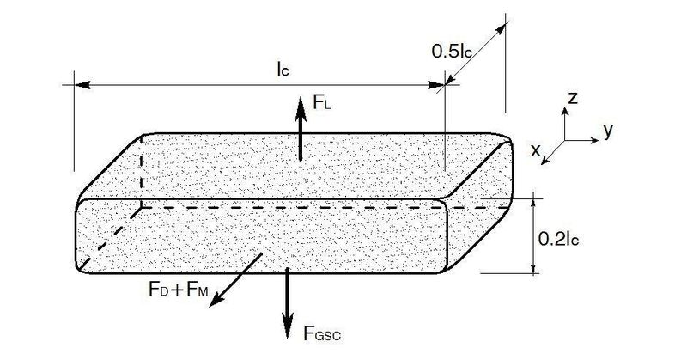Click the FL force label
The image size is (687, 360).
321,102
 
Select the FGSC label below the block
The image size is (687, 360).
322,333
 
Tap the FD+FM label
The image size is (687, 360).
179,290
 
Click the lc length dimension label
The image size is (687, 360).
283,69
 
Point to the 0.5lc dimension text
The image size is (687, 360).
452,52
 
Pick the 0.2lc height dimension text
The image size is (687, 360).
558,239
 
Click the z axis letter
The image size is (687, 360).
572,98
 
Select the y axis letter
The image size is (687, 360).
608,131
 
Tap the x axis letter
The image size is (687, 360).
535,150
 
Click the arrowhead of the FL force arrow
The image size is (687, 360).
301,105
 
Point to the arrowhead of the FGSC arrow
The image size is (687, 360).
288,330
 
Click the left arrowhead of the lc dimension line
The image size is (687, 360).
82,84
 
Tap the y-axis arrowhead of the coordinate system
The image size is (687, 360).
594,140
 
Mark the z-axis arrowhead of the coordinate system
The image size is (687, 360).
565,111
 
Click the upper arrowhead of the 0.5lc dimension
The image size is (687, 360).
501,30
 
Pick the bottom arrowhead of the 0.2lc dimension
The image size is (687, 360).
533,268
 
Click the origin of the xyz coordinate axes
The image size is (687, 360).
565,140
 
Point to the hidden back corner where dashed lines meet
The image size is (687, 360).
142,207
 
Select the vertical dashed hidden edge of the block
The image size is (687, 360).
142,171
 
